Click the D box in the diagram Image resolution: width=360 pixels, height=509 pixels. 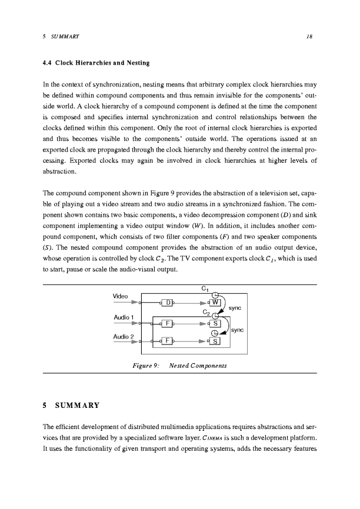(x=169, y=303)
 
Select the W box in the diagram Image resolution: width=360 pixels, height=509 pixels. (x=216, y=303)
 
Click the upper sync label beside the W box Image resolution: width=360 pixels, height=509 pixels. (x=235, y=307)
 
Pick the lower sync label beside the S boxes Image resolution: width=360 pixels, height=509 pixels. (x=238, y=330)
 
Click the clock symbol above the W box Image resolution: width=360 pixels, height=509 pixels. (x=215, y=294)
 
